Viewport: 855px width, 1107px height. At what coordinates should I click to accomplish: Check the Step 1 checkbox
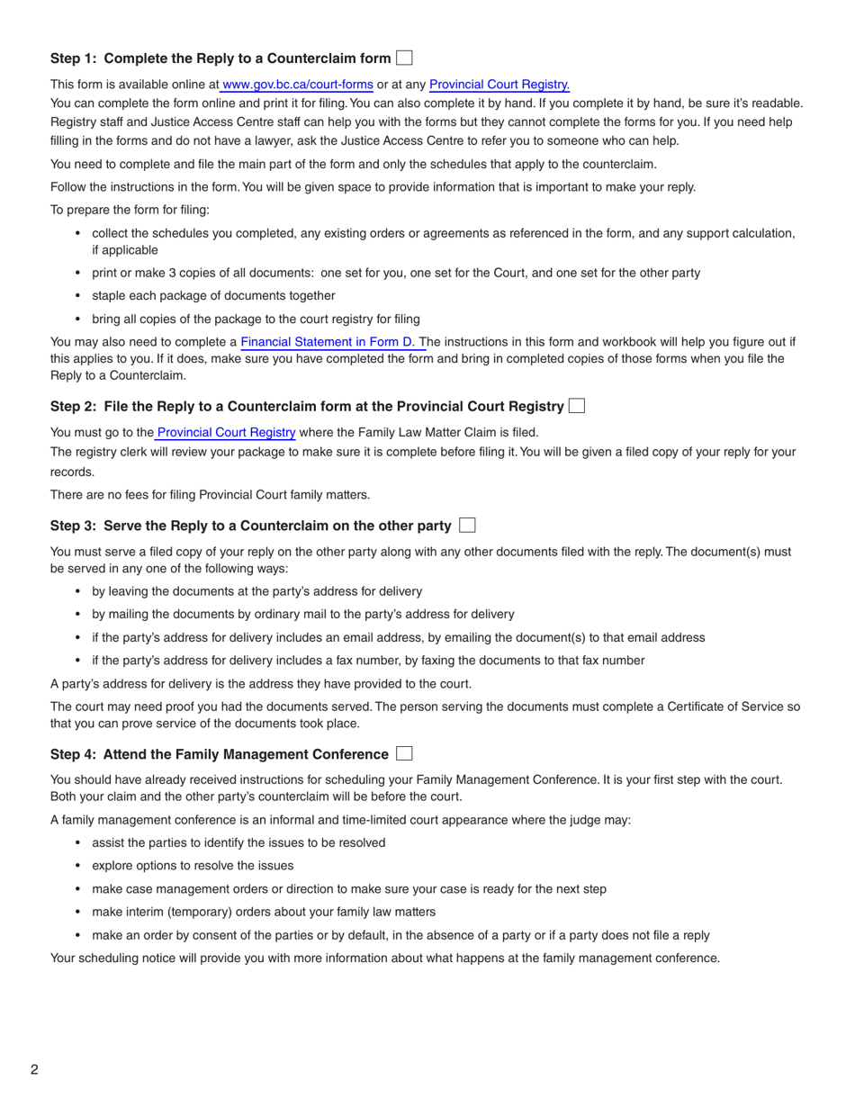pos(404,58)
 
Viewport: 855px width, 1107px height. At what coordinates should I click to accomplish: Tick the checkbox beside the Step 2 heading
pos(577,407)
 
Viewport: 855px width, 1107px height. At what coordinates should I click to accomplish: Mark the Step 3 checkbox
pos(466,525)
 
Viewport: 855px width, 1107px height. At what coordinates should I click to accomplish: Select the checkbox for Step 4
pos(404,753)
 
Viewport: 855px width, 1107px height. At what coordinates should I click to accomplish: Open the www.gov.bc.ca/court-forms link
pos(297,85)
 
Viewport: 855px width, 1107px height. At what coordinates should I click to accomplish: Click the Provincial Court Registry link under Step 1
pos(499,85)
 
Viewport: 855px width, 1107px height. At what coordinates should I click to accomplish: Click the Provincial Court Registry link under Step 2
pos(226,432)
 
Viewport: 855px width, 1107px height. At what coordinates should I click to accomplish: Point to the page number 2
pos(34,1069)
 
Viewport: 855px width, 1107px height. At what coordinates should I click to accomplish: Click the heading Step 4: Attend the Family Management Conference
pos(220,754)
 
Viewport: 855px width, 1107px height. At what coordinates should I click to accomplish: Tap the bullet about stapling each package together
pos(213,295)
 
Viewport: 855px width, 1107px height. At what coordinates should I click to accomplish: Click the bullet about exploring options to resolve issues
pos(193,866)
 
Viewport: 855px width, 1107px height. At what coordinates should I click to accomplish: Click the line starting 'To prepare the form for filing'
pos(130,210)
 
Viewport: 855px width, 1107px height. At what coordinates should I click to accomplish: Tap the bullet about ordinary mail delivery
pos(303,614)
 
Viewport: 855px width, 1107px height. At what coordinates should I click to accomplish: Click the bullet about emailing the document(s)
pos(399,637)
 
